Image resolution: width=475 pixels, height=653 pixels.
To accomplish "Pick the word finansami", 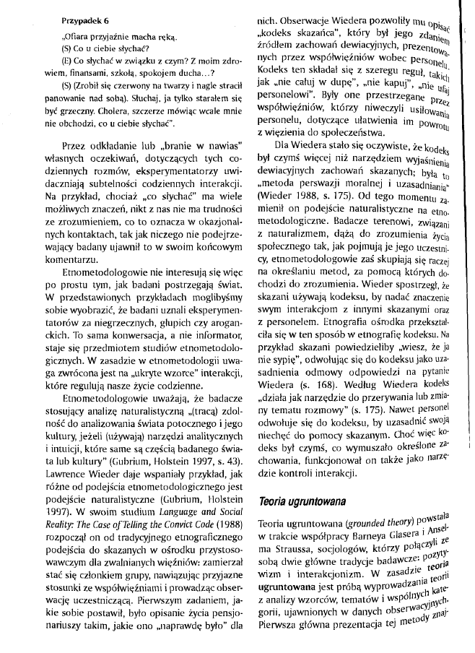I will pos(73,82).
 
